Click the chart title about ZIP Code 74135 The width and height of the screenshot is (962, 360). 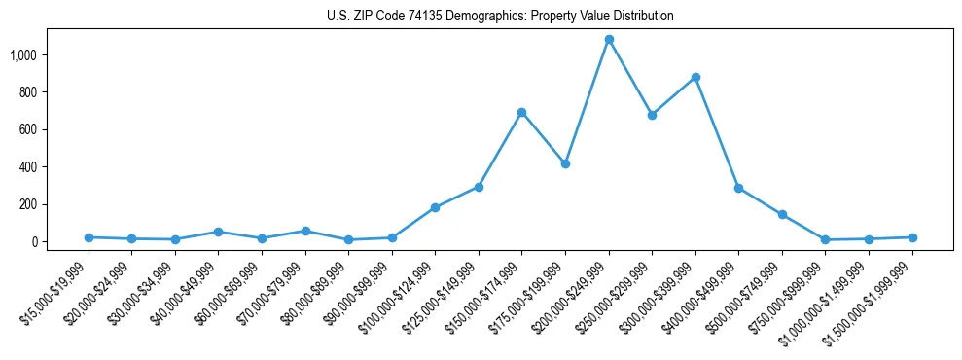(x=500, y=16)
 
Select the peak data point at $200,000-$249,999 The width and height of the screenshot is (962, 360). (x=609, y=40)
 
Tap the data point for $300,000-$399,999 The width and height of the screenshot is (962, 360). (x=695, y=77)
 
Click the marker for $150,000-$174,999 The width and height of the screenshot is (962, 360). (x=522, y=113)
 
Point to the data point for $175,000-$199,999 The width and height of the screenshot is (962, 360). (x=565, y=163)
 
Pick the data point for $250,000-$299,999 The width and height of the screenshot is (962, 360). (x=652, y=115)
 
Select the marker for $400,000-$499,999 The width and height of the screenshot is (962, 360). (x=739, y=188)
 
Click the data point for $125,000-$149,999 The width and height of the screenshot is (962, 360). (x=479, y=187)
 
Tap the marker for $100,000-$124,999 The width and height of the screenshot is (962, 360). (x=435, y=207)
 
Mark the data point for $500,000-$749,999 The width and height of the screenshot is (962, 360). (x=782, y=214)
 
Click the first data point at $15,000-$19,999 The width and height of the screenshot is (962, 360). (x=89, y=237)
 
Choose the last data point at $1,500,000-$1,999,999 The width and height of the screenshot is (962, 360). (x=912, y=237)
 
